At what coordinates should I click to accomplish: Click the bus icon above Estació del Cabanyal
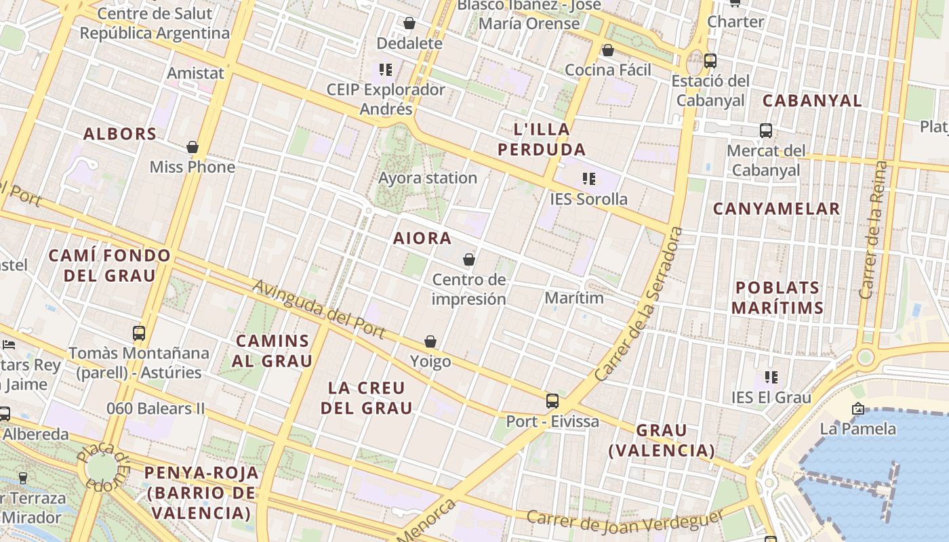click(710, 60)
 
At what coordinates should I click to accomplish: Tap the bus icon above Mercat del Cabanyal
click(766, 130)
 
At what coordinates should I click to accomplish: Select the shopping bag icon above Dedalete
click(409, 24)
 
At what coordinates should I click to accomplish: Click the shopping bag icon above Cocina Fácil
click(608, 50)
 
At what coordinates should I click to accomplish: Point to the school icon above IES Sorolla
click(589, 179)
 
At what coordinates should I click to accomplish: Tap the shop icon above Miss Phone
click(193, 147)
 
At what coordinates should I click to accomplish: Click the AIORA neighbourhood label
click(422, 238)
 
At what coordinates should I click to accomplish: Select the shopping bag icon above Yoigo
click(430, 341)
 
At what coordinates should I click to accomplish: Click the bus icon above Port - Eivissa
click(552, 400)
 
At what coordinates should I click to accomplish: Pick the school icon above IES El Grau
click(771, 377)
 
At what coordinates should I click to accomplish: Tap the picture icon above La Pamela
click(857, 409)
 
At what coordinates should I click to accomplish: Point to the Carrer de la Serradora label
click(639, 304)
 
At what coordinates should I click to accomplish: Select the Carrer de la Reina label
click(873, 230)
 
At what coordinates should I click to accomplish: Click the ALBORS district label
click(120, 133)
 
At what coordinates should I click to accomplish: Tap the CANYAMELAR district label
click(776, 209)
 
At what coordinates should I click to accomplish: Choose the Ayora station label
click(428, 178)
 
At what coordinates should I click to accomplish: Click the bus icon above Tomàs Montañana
click(139, 333)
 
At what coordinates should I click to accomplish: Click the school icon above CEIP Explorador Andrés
click(386, 69)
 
